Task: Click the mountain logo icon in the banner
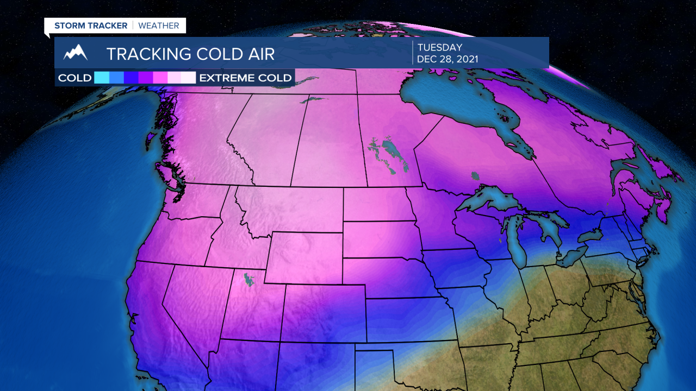[75, 53]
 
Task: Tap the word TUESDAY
[440, 48]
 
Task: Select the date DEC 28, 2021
[448, 59]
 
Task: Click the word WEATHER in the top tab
[159, 26]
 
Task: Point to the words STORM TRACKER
[91, 26]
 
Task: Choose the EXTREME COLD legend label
[246, 78]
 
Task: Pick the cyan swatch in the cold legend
[102, 78]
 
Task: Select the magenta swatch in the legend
[160, 78]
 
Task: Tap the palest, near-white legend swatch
[188, 78]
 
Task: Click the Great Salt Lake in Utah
[249, 280]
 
